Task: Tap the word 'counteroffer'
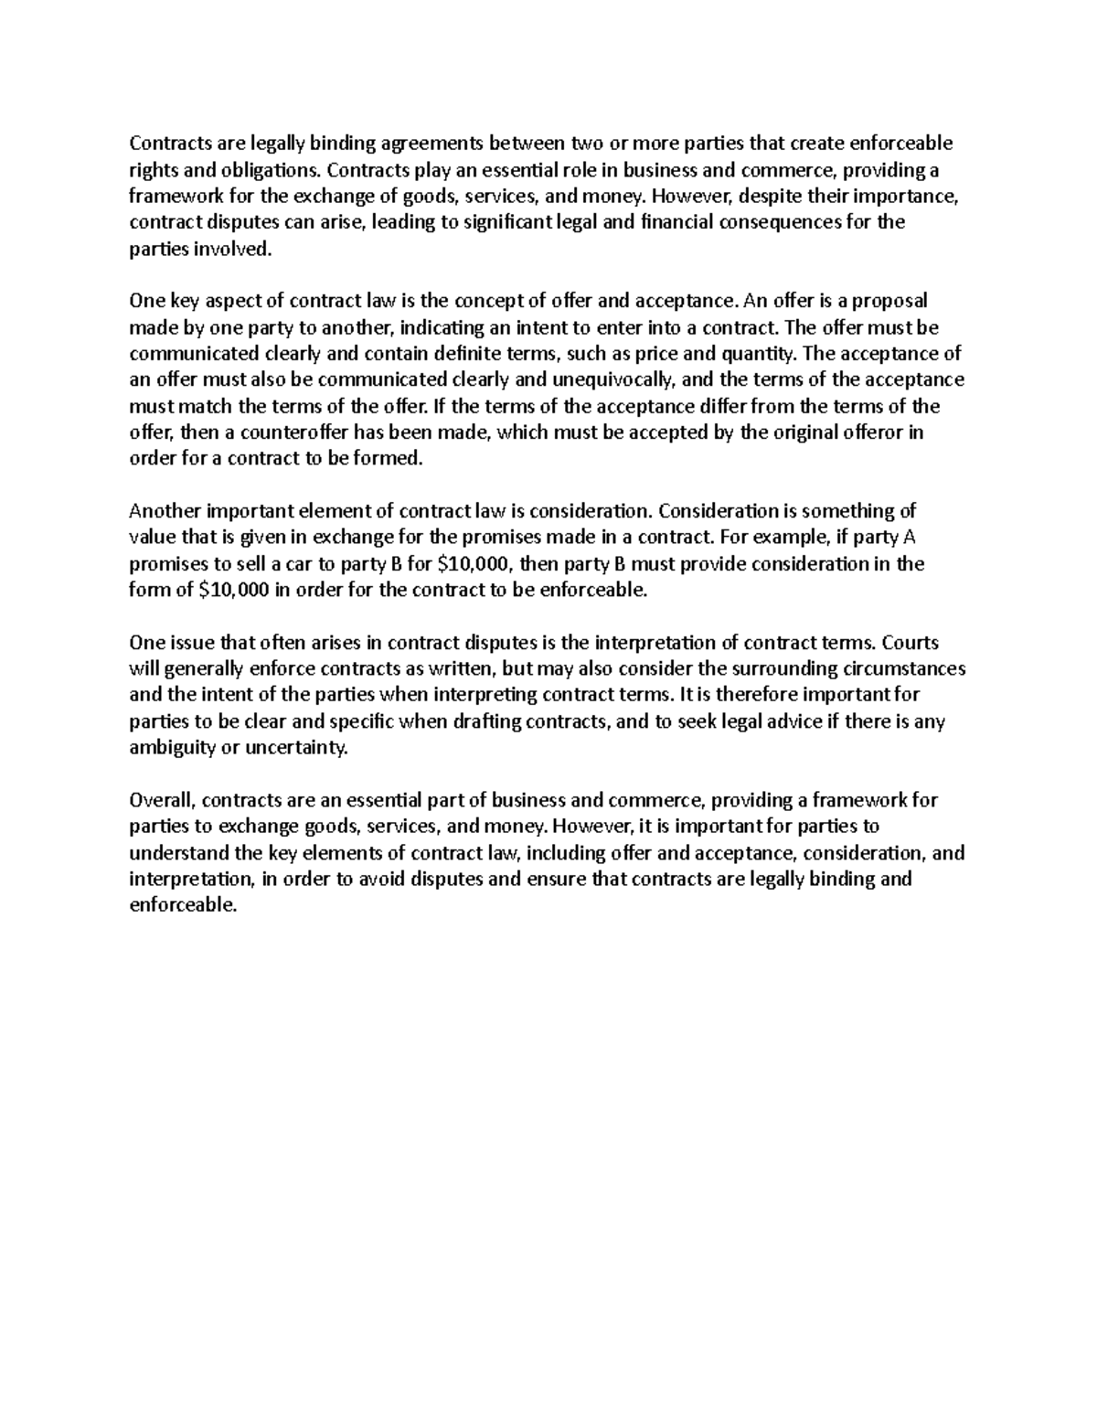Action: pyautogui.click(x=284, y=432)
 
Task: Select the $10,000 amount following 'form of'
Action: pyautogui.click(x=233, y=591)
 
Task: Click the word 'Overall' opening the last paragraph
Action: pyautogui.click(x=161, y=801)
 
